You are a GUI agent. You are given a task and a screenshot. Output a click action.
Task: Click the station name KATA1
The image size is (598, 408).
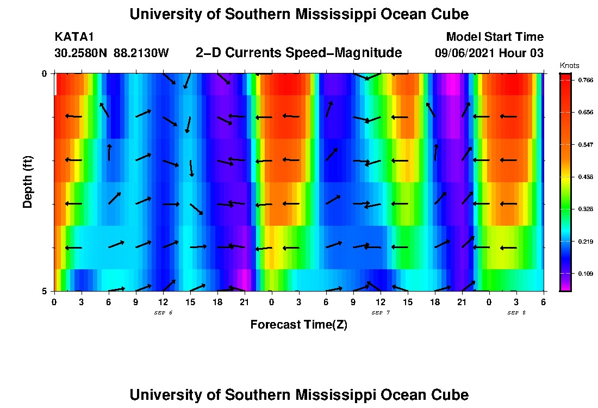(74, 37)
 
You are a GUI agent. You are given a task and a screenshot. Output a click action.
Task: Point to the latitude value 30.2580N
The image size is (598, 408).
(82, 53)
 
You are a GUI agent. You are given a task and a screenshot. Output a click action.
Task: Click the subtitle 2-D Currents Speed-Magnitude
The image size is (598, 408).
(298, 53)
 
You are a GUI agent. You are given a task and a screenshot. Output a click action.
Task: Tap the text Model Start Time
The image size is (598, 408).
(494, 37)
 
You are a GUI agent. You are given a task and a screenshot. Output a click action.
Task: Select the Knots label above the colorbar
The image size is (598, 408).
(569, 65)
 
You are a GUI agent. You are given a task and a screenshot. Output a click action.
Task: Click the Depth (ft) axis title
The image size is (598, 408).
(28, 182)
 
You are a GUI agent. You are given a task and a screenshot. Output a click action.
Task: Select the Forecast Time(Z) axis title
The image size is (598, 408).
(298, 325)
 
